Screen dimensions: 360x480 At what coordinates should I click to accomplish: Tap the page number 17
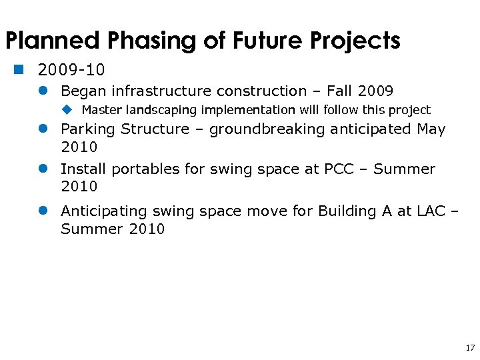[469, 348]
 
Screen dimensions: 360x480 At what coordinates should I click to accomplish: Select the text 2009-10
[71, 70]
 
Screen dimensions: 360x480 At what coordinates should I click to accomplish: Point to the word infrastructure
[163, 91]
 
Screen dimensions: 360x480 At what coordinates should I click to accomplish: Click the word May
[431, 129]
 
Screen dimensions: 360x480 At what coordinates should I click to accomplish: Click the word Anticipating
[103, 211]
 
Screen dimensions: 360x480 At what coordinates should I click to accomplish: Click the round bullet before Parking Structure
[43, 129]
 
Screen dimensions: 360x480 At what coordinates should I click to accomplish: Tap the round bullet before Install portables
[43, 169]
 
